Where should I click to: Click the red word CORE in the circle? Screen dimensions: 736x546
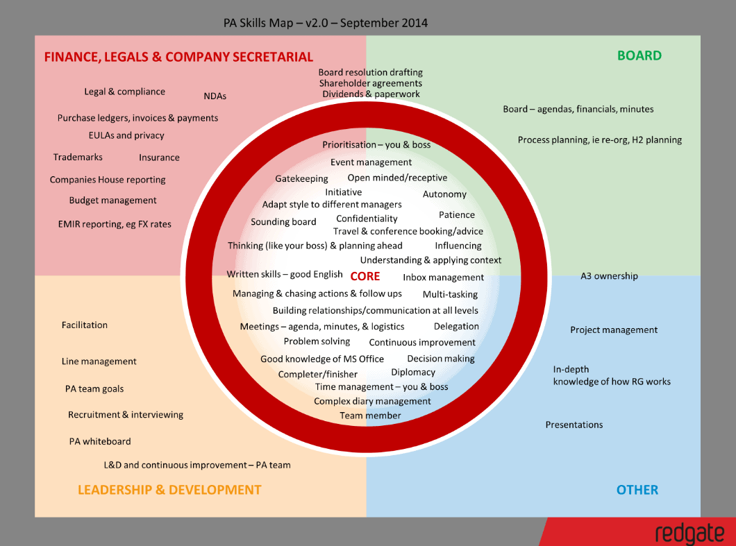(365, 276)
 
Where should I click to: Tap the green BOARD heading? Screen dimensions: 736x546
(639, 56)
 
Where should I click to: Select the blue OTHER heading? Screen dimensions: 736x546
(637, 490)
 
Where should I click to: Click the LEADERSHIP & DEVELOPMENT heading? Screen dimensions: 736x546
(169, 490)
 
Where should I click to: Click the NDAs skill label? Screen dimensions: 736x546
(215, 96)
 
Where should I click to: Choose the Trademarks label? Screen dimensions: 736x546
(78, 157)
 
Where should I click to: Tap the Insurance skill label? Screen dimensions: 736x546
(159, 157)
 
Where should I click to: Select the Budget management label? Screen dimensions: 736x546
(112, 201)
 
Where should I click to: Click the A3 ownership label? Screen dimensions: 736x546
(609, 276)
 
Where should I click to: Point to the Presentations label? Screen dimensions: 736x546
(574, 425)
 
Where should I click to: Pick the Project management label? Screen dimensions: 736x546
(614, 330)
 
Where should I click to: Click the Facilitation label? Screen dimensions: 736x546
(85, 325)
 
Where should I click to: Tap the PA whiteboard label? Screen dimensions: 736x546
(100, 441)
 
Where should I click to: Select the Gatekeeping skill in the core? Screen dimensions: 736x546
(301, 179)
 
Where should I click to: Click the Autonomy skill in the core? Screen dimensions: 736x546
(444, 194)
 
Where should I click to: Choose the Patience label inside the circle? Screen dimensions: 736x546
(457, 215)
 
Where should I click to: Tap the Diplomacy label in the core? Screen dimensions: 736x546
(413, 373)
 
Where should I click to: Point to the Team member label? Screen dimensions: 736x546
(370, 416)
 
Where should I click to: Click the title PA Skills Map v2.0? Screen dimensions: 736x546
(325, 23)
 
